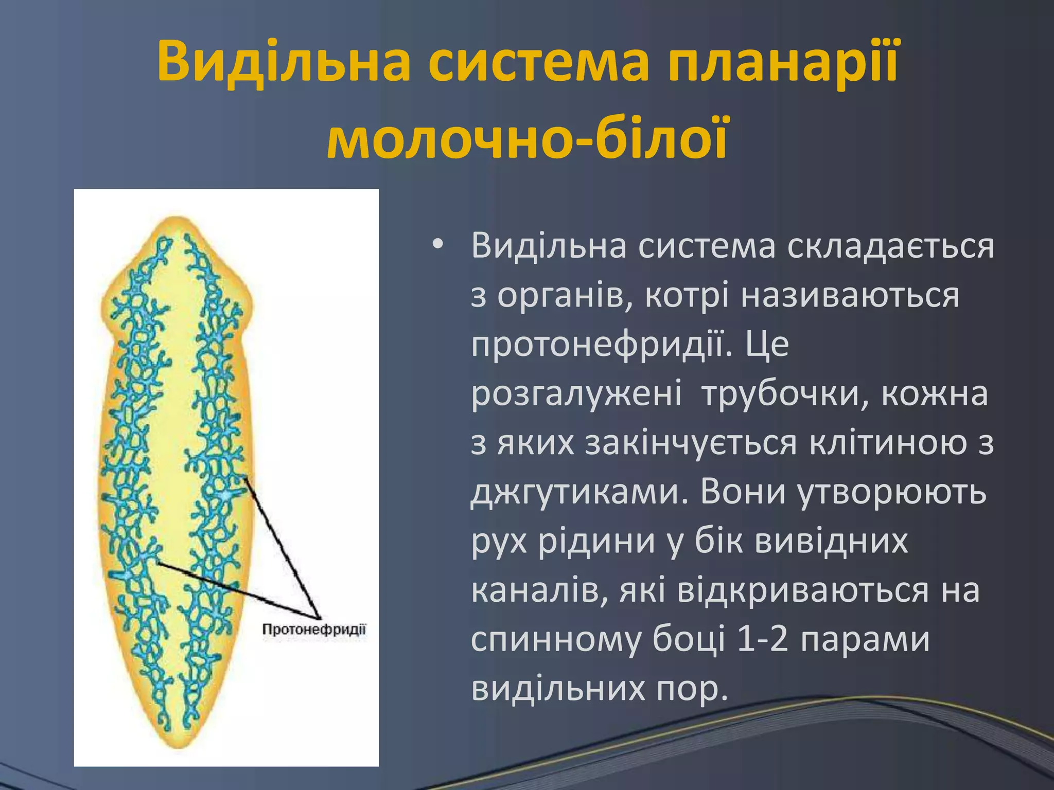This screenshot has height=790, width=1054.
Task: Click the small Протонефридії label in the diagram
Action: coord(314,630)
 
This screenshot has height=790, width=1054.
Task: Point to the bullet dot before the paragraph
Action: coord(437,245)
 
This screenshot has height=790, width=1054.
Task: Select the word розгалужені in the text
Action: coord(576,393)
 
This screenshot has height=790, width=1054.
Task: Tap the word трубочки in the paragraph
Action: coord(787,393)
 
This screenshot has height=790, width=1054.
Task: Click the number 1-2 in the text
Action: coord(763,640)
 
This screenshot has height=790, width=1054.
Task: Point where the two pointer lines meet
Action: coord(320,618)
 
